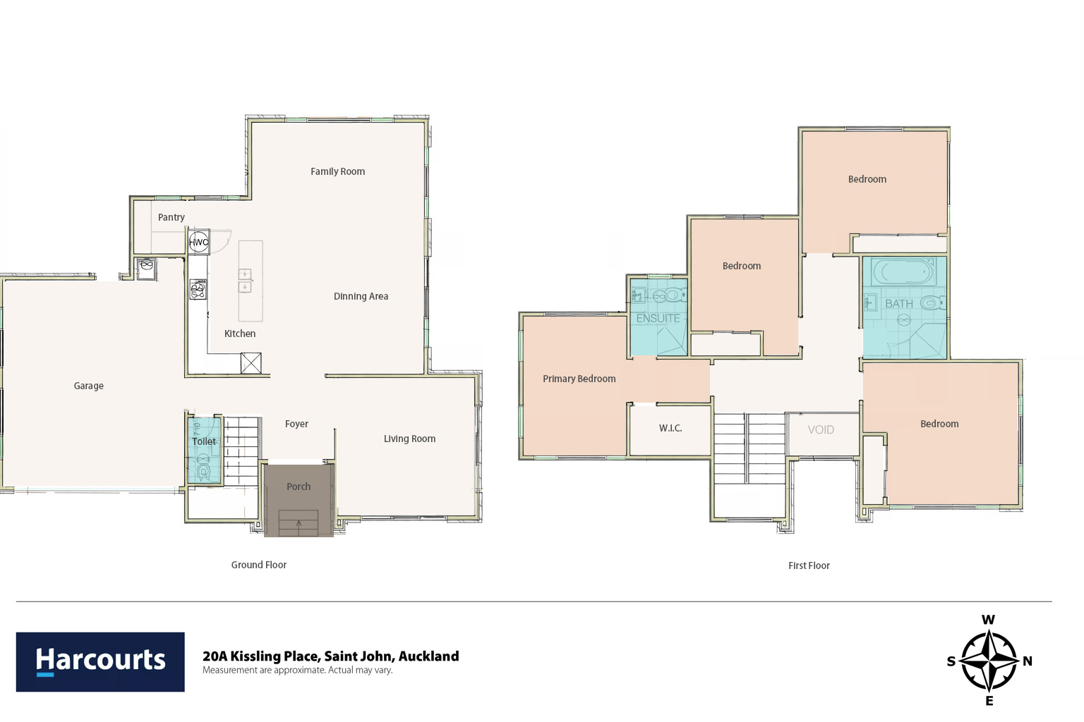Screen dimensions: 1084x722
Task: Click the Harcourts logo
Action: point(100,661)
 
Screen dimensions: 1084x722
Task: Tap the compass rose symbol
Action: point(989,661)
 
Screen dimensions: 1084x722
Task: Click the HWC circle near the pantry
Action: point(199,242)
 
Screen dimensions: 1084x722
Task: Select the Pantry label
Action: point(171,217)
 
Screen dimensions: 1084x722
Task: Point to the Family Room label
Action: point(338,171)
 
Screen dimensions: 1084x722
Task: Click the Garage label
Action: point(88,386)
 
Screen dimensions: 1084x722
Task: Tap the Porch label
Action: point(299,487)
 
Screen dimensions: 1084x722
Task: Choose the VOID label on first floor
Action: point(821,429)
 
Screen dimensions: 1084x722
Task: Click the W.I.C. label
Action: point(670,428)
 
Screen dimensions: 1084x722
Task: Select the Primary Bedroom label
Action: point(579,379)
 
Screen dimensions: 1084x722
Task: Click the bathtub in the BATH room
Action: point(904,272)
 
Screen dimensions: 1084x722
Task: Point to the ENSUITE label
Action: point(658,318)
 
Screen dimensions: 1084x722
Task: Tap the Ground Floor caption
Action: point(259,564)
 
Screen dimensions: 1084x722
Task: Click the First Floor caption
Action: point(809,565)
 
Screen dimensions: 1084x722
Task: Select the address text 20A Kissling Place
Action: point(261,656)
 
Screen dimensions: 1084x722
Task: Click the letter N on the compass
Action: point(1028,661)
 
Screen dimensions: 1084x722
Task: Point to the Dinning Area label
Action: point(361,296)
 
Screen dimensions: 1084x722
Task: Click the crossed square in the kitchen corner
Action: point(251,363)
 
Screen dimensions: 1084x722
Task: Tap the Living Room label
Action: point(409,439)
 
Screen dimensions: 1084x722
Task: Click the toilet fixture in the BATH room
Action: point(932,302)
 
